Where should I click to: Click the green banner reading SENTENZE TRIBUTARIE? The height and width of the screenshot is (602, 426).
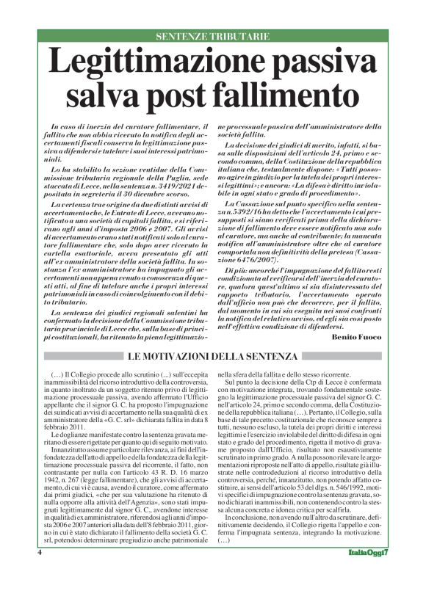(213, 36)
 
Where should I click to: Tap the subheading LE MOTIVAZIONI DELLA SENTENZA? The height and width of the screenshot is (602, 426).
(213, 356)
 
